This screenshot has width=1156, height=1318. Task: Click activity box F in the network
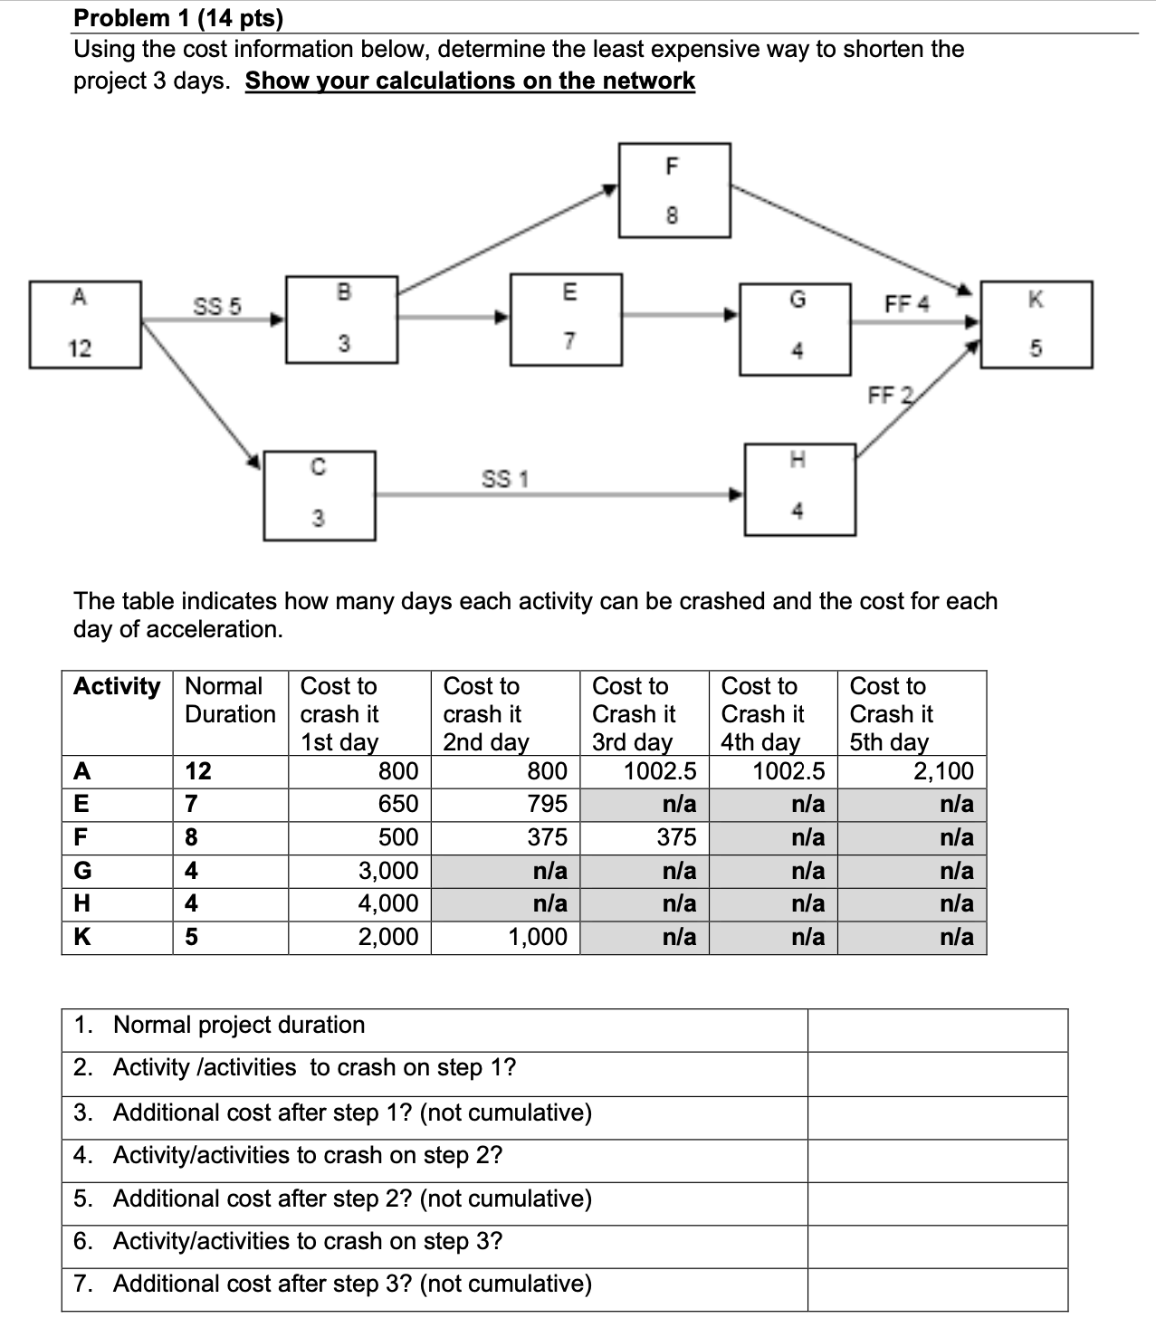675,190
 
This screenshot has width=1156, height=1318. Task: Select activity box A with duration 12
85,324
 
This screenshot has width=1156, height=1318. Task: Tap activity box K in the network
1036,324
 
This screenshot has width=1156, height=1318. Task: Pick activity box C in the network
319,495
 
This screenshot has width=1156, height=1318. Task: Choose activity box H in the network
799,489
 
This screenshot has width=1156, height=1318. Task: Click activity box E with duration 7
566,319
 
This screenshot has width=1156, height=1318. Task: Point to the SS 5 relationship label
217,306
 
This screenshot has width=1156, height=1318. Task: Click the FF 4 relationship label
906,303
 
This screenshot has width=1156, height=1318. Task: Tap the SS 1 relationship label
504,478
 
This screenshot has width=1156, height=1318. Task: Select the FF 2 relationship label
891,395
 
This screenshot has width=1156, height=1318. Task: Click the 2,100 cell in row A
912,771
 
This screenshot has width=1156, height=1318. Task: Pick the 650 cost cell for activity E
359,804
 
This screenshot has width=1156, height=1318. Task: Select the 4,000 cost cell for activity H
359,903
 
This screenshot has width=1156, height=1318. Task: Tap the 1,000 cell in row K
505,937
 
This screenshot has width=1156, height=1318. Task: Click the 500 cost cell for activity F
359,837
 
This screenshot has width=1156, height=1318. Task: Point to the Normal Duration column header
230,700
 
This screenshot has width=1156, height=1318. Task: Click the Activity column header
117,686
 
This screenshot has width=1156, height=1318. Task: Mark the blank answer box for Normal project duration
937,1029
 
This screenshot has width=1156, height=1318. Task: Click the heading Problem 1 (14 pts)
177,17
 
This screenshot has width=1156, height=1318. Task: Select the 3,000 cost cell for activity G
359,871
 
